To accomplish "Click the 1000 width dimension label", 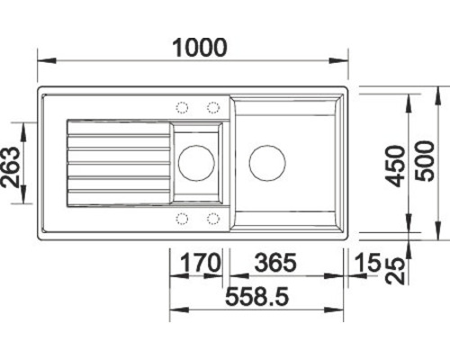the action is click(x=200, y=48).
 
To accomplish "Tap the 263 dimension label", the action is click(x=11, y=166).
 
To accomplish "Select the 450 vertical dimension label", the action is click(x=395, y=166).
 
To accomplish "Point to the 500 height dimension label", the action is click(x=424, y=161).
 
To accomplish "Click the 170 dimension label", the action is click(x=200, y=263).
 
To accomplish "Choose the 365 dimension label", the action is click(x=275, y=263).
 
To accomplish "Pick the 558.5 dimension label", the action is click(x=257, y=296).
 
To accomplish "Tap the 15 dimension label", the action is click(x=367, y=263).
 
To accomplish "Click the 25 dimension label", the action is click(x=395, y=271).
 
